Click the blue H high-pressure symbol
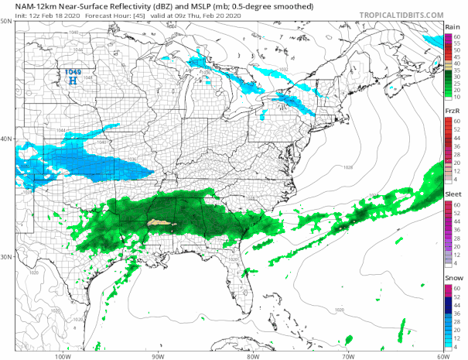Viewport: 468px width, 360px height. coord(73,79)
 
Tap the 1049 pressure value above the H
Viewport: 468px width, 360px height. coord(72,71)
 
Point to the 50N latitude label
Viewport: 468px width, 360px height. coord(6,21)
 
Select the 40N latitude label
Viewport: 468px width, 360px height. coord(6,139)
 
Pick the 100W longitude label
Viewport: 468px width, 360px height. coord(63,356)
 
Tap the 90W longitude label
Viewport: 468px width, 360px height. coord(158,356)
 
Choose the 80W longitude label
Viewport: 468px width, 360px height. coord(253,356)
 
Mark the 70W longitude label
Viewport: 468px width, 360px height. coord(348,356)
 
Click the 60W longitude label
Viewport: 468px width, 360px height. coord(442,356)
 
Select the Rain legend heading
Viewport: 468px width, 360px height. coord(453,27)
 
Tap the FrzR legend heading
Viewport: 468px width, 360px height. coord(453,112)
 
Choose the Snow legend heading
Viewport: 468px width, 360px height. coord(453,276)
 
